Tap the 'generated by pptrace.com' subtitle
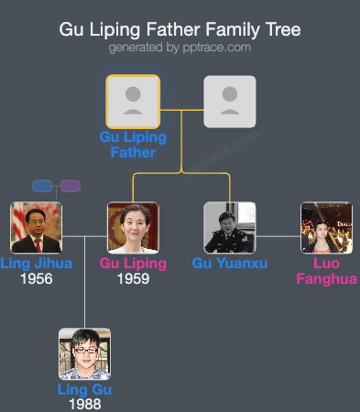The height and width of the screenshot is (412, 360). click(x=180, y=47)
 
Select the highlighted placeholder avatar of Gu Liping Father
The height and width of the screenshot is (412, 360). click(x=133, y=101)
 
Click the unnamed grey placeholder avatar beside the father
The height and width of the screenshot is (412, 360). click(x=229, y=101)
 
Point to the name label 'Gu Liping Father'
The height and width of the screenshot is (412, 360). click(x=133, y=145)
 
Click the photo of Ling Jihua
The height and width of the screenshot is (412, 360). click(x=36, y=228)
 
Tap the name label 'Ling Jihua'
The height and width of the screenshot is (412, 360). click(x=36, y=264)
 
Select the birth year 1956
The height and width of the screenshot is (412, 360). click(x=36, y=278)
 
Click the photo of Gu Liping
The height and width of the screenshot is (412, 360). click(x=133, y=228)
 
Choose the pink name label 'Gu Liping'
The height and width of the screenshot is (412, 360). click(x=133, y=264)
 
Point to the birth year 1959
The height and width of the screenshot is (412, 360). click(x=133, y=278)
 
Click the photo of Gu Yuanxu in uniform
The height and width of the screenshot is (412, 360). click(x=229, y=228)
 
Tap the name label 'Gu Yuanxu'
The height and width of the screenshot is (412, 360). click(x=229, y=264)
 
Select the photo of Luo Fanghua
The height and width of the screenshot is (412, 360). click(x=326, y=228)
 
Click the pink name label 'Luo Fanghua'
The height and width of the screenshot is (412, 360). click(x=327, y=271)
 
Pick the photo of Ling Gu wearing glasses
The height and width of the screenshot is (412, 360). click(x=84, y=354)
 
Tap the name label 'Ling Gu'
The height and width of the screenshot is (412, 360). click(x=84, y=389)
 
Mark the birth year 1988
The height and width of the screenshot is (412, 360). click(x=84, y=404)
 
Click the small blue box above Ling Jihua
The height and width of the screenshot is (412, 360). click(x=42, y=186)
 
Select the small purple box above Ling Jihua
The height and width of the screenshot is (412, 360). click(x=71, y=186)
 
